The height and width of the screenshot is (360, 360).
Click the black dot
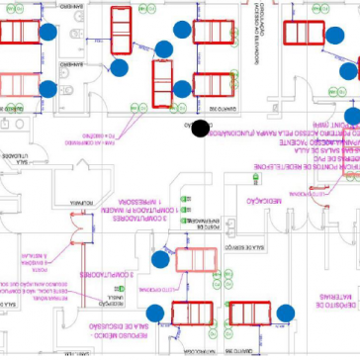tap(200, 128)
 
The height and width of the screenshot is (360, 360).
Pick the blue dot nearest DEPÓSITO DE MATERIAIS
tap(286, 314)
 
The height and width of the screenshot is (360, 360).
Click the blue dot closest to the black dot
tap(181, 89)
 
